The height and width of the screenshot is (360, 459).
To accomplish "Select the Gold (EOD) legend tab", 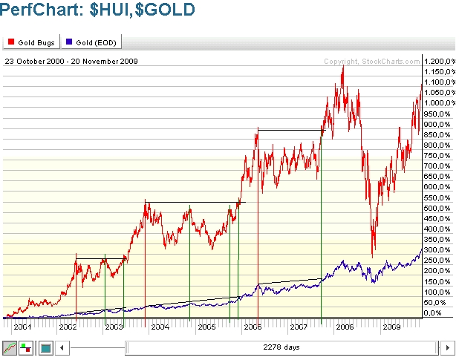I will click(x=87, y=42).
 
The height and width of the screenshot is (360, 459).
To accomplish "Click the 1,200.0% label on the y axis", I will click(x=437, y=61).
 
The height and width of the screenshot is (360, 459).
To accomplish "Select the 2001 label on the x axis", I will click(x=22, y=326).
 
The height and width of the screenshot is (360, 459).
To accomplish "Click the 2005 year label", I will click(x=206, y=326).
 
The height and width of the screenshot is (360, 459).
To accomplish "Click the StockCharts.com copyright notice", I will click(x=371, y=61).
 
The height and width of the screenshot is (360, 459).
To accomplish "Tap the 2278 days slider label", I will click(x=281, y=347).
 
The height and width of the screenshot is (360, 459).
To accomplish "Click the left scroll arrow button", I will click(x=63, y=347).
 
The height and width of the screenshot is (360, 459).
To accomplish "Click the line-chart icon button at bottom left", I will click(x=10, y=347).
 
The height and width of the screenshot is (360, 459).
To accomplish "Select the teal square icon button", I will click(x=45, y=347).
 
